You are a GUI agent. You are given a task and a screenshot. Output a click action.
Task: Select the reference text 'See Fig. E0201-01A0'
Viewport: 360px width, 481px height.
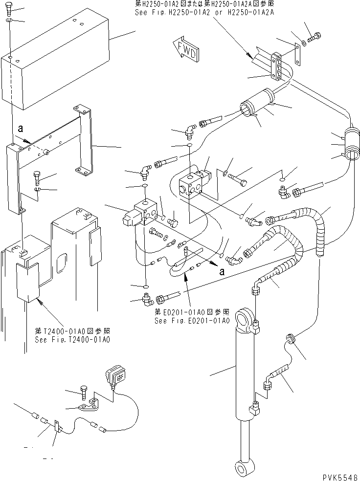(x=192, y=321)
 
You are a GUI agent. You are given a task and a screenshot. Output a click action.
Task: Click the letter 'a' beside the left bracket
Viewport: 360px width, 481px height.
(x=20, y=129)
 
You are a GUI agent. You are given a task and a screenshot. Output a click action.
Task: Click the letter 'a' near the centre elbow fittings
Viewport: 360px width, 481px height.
(x=222, y=272)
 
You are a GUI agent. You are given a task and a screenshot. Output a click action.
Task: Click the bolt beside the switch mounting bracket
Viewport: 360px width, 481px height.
(x=83, y=391)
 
